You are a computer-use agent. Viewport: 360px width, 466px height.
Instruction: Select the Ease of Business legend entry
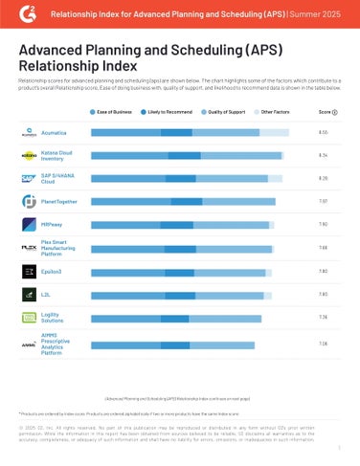(114, 113)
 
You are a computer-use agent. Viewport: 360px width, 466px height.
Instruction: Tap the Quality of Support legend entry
(228, 113)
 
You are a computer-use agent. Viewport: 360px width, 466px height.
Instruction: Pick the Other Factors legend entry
(278, 113)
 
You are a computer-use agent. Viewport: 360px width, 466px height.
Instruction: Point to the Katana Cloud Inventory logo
(29, 155)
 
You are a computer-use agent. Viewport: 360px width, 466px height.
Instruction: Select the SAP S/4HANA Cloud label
(59, 179)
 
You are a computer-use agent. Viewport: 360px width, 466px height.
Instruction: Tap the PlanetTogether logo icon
(29, 202)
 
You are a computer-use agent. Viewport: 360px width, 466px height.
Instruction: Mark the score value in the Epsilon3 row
(323, 272)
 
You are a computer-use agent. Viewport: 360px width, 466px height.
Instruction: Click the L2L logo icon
(29, 295)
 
